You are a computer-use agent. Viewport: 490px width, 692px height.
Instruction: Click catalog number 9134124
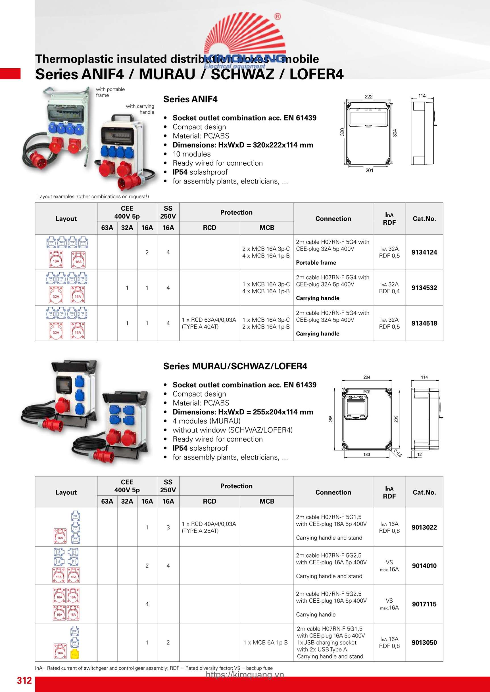424,252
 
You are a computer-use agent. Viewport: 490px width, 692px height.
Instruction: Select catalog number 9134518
424,323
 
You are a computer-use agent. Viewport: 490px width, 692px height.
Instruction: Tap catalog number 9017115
424,604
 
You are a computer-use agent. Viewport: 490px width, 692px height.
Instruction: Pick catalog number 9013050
424,642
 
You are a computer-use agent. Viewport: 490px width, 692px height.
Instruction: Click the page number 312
24,680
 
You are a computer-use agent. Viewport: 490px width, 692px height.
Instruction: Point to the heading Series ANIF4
190,99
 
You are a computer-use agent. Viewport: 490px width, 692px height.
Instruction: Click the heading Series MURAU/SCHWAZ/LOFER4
235,366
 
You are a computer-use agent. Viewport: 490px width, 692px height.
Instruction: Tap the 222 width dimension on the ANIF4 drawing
368,97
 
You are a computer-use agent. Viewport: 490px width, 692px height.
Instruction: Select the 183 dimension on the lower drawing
366,455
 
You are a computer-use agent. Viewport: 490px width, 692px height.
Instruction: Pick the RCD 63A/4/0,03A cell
209,323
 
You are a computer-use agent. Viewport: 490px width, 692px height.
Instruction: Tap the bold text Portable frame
316,263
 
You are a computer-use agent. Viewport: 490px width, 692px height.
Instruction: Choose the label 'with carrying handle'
140,109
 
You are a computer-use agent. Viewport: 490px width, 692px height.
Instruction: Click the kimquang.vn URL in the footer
245,674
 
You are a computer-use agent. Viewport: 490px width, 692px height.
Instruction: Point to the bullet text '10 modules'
191,154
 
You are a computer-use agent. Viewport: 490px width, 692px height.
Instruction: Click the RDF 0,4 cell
389,291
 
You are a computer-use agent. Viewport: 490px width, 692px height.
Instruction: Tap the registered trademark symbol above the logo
278,16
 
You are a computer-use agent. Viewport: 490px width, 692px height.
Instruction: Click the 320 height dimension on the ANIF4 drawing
342,132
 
